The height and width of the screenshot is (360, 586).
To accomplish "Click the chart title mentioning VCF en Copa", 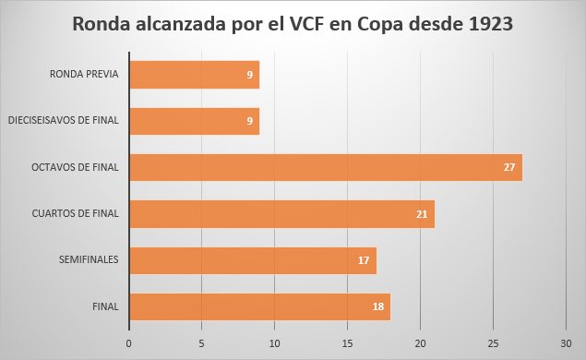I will tap(293, 25).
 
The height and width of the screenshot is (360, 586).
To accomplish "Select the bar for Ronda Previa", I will tap(194, 75).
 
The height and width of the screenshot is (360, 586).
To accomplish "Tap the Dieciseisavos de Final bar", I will tap(194, 121).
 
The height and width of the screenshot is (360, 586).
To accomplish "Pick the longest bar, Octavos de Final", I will tap(325, 167).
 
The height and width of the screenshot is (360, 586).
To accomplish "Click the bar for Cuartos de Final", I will tap(281, 214).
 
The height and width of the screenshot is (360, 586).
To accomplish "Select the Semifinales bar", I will tap(252, 260).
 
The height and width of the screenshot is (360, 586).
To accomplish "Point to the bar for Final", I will tap(259, 306).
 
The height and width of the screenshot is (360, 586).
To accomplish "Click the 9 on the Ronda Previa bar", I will tap(250, 75).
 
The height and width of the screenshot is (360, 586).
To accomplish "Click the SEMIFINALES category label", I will tap(88, 260).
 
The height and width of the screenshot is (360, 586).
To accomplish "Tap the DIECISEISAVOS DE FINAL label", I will tap(64, 121).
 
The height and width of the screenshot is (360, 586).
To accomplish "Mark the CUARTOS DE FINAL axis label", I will tap(77, 214).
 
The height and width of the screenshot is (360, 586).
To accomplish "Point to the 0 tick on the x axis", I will tap(129, 342).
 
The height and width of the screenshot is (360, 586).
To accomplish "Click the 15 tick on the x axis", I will tap(347, 342).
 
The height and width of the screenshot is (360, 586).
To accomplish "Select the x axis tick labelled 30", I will tap(566, 342).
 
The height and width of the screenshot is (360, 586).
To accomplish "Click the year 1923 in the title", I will tap(486, 25).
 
